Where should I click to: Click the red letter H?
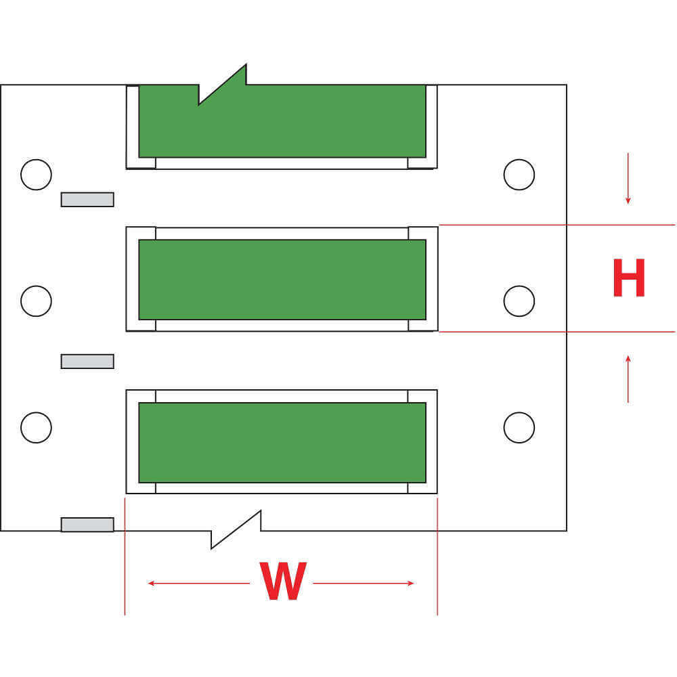(628, 278)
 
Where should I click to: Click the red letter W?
(284, 582)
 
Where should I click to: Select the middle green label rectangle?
(282, 279)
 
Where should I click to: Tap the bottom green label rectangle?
(282, 442)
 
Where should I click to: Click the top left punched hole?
(36, 175)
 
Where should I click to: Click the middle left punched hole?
(36, 301)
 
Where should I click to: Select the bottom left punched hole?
(36, 427)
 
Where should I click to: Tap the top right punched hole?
(519, 175)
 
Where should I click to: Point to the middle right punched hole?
(519, 301)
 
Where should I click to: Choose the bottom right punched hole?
(519, 427)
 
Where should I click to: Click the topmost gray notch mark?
(87, 199)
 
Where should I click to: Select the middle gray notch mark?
(87, 362)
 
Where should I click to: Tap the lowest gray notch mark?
(87, 525)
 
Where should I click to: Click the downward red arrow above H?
(628, 179)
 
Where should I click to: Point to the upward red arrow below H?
(628, 378)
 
